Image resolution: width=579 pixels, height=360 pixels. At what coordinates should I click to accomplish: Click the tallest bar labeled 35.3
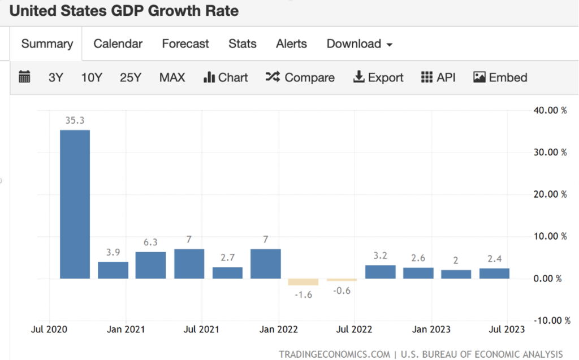(x=75, y=204)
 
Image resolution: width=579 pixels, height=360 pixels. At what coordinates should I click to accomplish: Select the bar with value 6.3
(x=151, y=265)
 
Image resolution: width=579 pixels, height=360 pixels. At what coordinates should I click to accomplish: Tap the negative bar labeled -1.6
(x=304, y=282)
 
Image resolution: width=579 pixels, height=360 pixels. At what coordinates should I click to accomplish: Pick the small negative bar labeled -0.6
(x=342, y=280)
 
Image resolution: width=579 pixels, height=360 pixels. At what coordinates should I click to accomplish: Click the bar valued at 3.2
(x=380, y=272)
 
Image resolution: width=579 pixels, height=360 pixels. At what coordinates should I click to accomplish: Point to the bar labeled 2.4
(x=495, y=274)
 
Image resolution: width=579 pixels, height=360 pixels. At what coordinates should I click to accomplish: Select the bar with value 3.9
(x=113, y=270)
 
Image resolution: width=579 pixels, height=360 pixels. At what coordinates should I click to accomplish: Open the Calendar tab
(x=118, y=44)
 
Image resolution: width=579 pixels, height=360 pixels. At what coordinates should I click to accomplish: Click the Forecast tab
(x=185, y=44)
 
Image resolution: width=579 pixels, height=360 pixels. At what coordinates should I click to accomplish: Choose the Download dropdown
(x=359, y=44)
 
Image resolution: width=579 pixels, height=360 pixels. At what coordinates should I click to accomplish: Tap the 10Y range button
(x=92, y=77)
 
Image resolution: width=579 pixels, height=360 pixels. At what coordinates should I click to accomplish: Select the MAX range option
(x=172, y=77)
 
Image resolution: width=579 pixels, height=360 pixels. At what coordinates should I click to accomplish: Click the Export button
(x=378, y=77)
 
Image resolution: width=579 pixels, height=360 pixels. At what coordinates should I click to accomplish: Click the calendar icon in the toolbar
(x=24, y=77)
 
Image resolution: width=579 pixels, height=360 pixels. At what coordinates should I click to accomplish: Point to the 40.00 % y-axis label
(x=550, y=110)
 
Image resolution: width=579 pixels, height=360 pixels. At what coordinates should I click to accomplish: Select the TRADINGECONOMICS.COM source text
(x=334, y=354)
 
